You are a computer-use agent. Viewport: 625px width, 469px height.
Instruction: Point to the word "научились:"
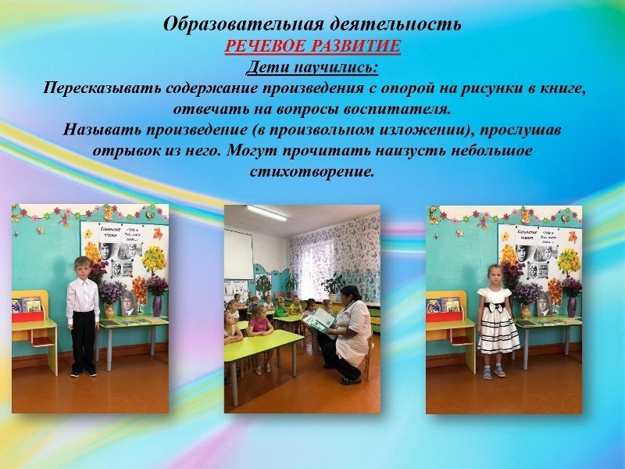point(336,67)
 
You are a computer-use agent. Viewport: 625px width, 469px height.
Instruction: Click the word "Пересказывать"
point(102,88)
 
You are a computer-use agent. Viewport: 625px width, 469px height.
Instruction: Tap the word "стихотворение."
point(312,171)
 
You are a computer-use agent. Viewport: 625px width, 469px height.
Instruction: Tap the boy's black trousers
point(84,341)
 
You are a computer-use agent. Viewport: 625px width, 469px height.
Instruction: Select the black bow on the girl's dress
point(495,307)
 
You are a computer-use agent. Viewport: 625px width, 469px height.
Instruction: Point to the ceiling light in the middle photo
point(266,213)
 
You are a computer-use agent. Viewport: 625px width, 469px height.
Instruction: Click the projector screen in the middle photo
point(238,255)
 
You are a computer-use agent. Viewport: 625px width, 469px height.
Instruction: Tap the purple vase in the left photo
point(157,306)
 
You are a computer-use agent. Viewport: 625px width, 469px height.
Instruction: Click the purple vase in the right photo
point(572,306)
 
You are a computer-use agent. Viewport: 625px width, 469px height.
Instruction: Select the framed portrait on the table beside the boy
point(129,304)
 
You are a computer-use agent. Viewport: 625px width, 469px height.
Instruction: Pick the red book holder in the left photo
point(28,316)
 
